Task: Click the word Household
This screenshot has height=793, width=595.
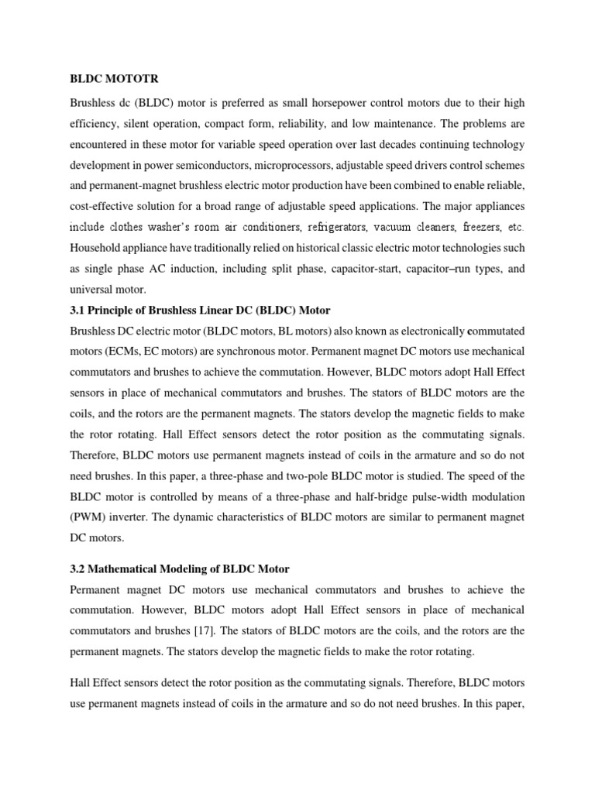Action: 98,249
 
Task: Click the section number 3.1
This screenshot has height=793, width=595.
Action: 78,311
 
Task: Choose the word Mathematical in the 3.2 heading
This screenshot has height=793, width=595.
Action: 129,569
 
